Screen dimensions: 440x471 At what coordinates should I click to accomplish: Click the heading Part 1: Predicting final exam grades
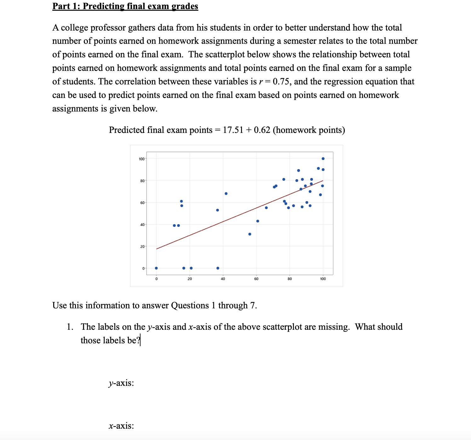point(125,6)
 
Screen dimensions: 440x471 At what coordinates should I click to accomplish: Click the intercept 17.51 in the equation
point(233,130)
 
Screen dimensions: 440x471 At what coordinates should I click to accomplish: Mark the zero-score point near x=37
point(218,268)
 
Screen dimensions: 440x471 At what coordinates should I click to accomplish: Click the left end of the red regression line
point(157,249)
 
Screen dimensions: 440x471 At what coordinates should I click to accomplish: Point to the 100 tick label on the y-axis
point(141,159)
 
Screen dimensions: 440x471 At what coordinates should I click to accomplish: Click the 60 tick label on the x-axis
point(256,279)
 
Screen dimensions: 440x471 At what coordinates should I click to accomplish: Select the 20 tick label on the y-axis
point(142,246)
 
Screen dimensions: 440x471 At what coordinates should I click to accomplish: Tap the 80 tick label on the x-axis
point(290,279)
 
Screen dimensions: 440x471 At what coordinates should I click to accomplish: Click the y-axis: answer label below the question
point(121,383)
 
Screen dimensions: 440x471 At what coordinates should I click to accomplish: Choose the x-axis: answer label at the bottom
point(121,426)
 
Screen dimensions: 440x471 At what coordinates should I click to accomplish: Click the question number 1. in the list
point(70,327)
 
